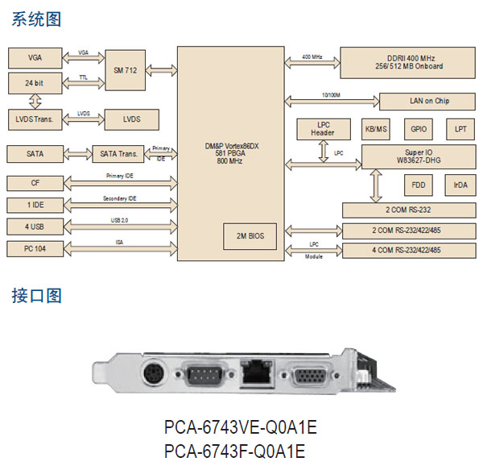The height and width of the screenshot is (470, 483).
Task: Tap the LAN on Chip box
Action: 425,102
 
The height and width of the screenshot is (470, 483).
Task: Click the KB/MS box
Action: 376,129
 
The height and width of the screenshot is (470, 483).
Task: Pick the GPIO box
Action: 419,129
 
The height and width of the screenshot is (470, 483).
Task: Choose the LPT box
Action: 460,129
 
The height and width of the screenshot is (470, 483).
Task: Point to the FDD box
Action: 419,184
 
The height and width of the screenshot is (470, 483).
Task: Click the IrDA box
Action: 460,184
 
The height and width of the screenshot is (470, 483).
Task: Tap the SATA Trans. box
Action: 118,153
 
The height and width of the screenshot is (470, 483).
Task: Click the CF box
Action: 35,183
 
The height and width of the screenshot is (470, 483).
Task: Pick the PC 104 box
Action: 35,249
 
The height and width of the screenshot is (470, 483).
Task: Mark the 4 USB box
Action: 35,227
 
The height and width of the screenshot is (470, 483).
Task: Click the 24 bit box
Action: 34,82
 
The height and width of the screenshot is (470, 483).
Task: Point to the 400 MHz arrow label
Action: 312,57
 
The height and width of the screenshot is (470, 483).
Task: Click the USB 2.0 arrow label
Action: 118,220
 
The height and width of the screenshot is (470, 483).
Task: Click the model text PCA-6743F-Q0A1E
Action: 234,451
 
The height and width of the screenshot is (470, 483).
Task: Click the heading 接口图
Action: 37,296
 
